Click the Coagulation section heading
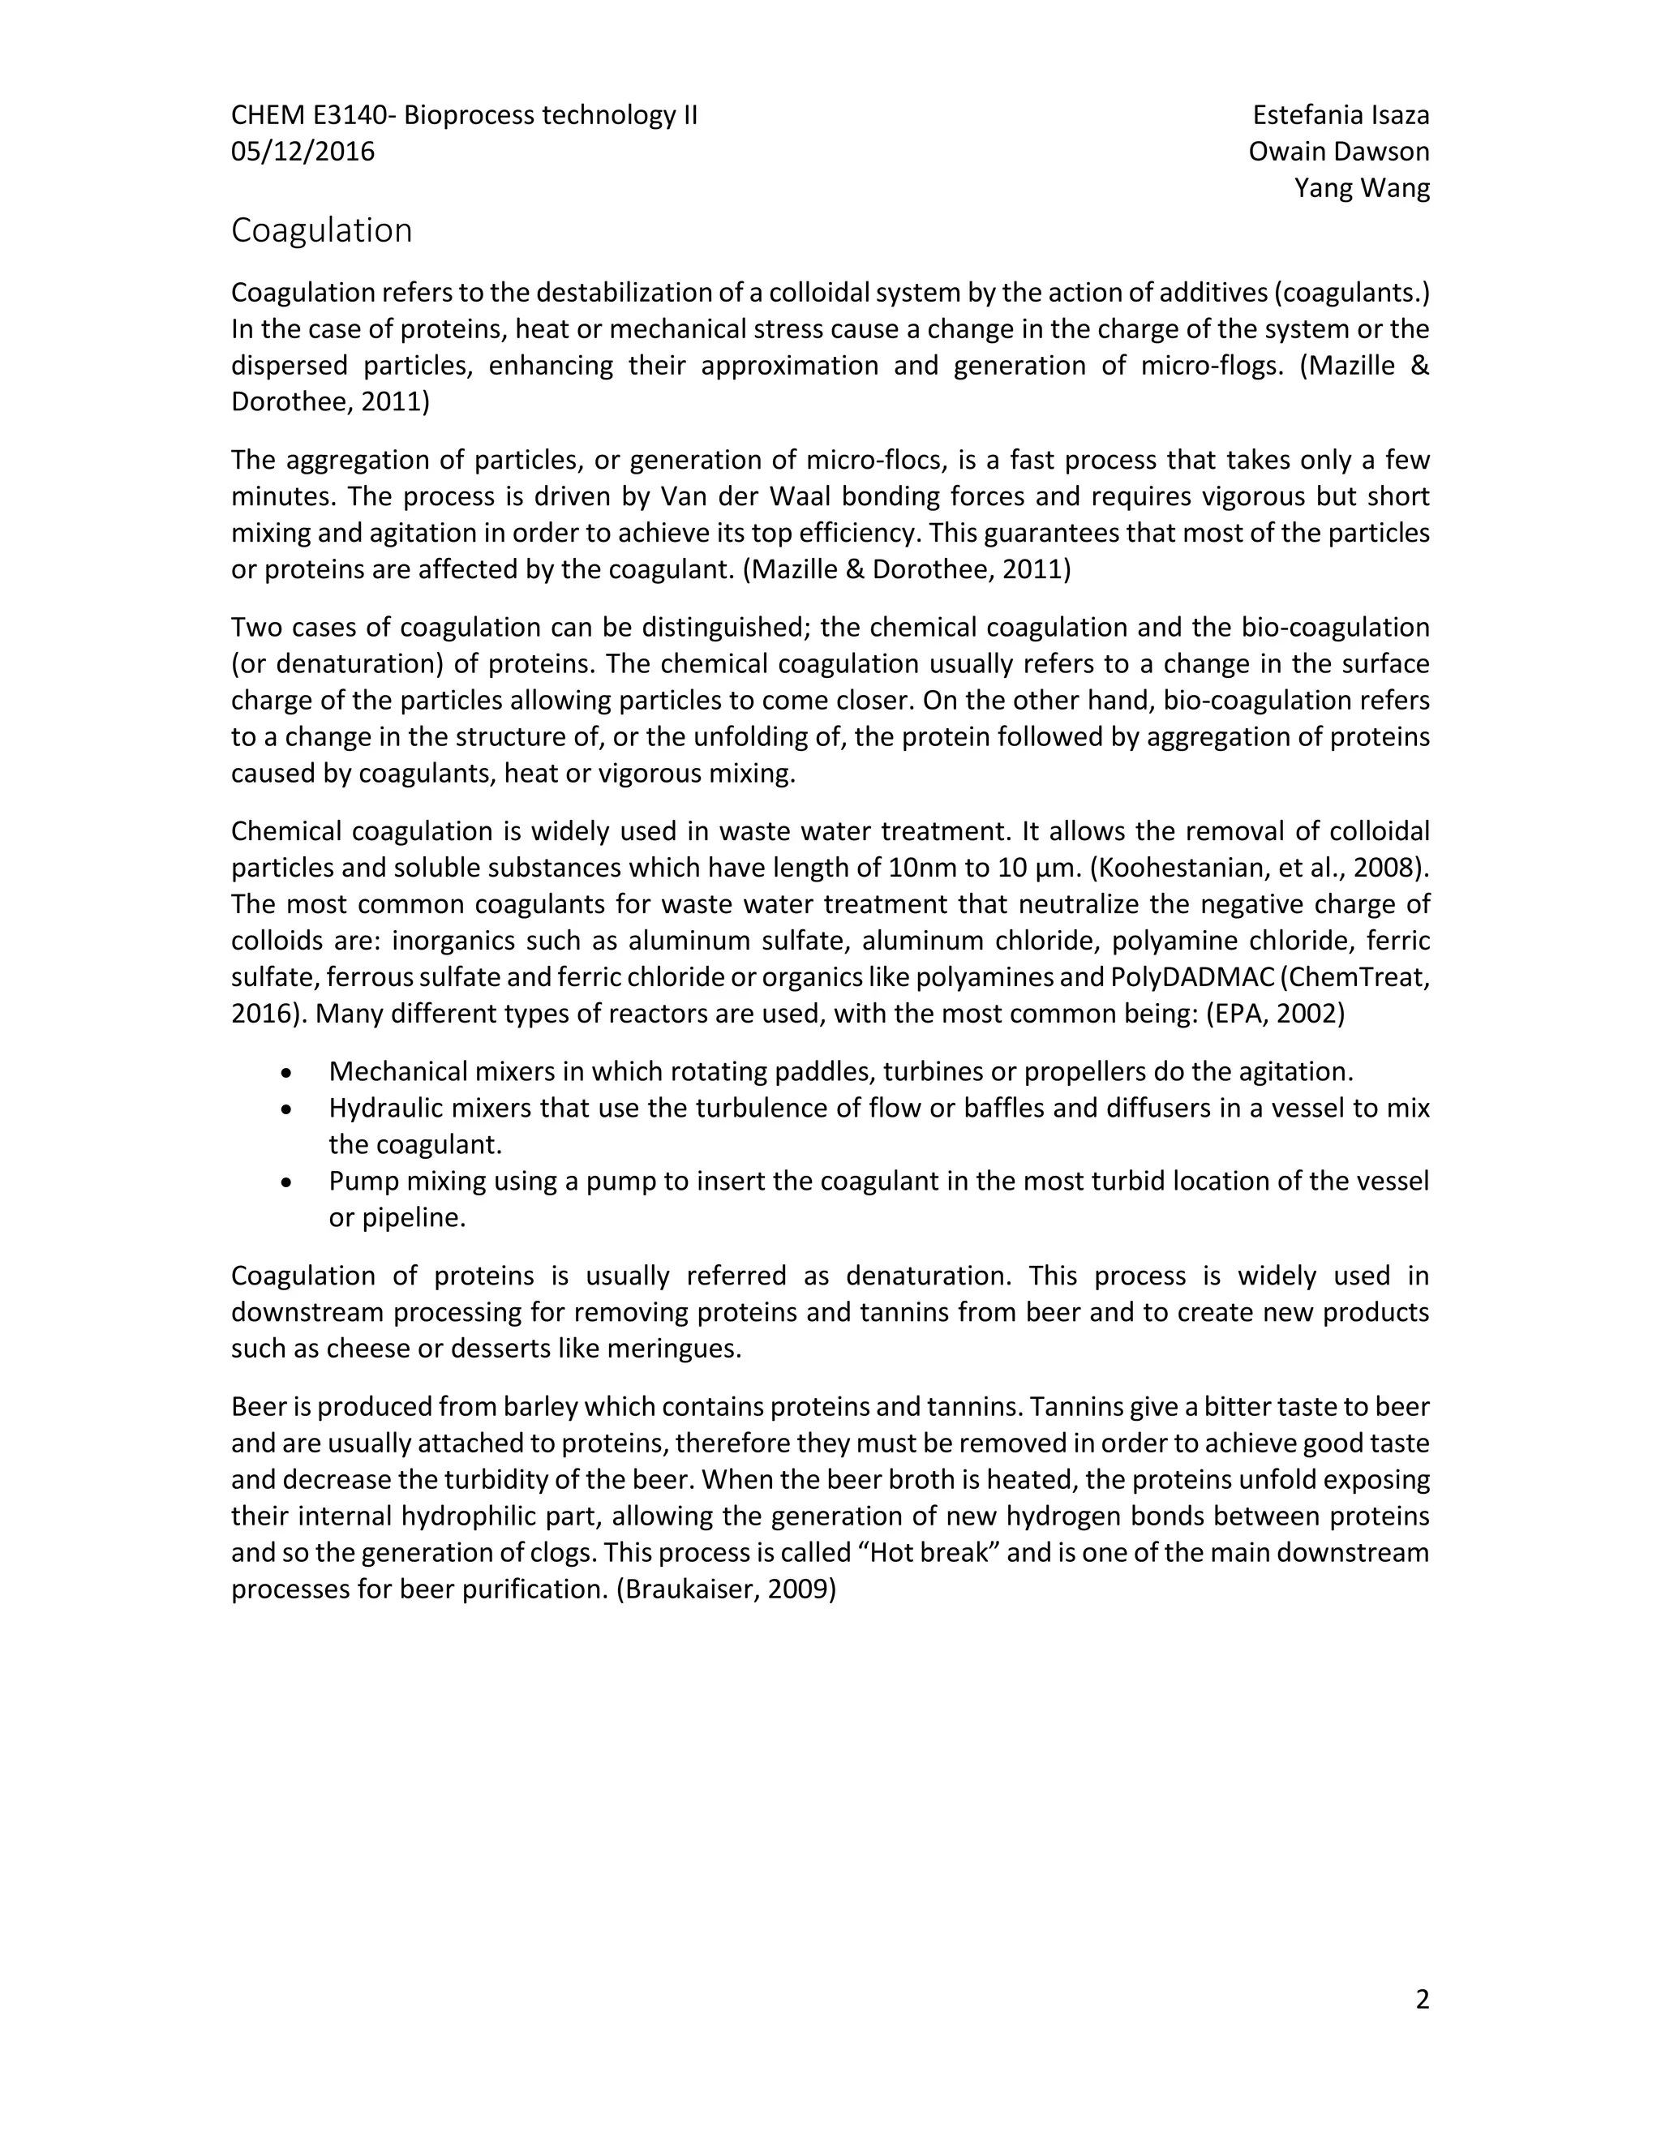[x=321, y=230]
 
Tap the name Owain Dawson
[x=1338, y=152]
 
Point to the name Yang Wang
[x=1361, y=188]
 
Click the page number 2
[x=1421, y=2000]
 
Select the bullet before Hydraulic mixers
[x=286, y=1109]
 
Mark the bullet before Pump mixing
[x=286, y=1182]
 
